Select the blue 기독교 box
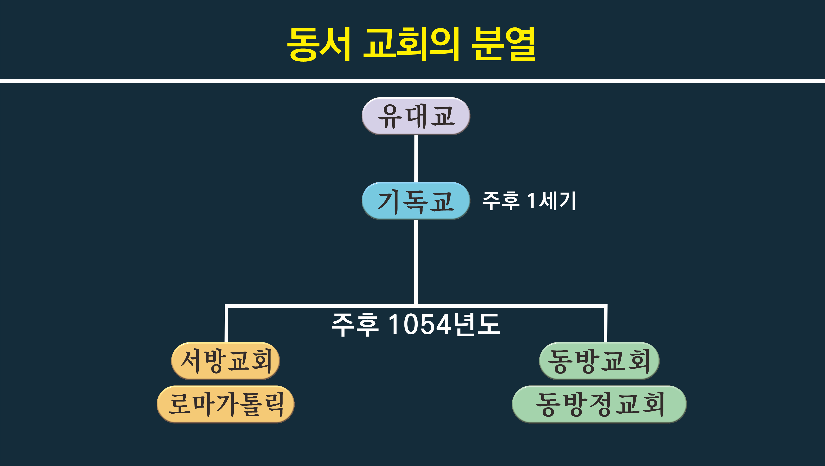click(x=416, y=201)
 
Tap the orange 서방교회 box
click(x=225, y=361)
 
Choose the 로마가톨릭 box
click(x=225, y=404)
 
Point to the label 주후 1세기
click(x=529, y=201)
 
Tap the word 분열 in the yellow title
click(x=504, y=44)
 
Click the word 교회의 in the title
click(x=411, y=44)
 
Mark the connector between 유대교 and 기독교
click(x=416, y=158)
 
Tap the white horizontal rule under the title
click(x=412, y=81)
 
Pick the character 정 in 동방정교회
click(x=600, y=404)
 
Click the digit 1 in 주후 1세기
click(x=531, y=201)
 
